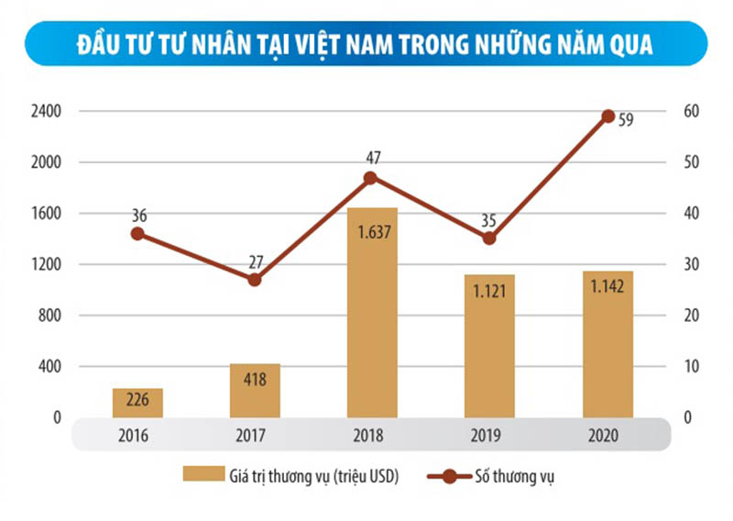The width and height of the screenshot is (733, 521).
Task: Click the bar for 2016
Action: click(137, 403)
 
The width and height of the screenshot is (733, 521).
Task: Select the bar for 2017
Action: click(255, 390)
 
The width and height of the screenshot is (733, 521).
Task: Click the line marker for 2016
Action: click(137, 233)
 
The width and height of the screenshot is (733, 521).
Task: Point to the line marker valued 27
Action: click(255, 279)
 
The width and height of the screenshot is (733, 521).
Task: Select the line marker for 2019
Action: click(489, 238)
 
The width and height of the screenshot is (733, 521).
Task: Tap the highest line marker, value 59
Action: click(607, 116)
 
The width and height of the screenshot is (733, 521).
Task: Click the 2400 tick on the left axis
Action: click(45, 112)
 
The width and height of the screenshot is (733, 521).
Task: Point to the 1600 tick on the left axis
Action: click(45, 214)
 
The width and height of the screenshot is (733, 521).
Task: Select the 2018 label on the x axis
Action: click(372, 435)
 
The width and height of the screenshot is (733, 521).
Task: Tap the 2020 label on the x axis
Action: click(607, 435)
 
